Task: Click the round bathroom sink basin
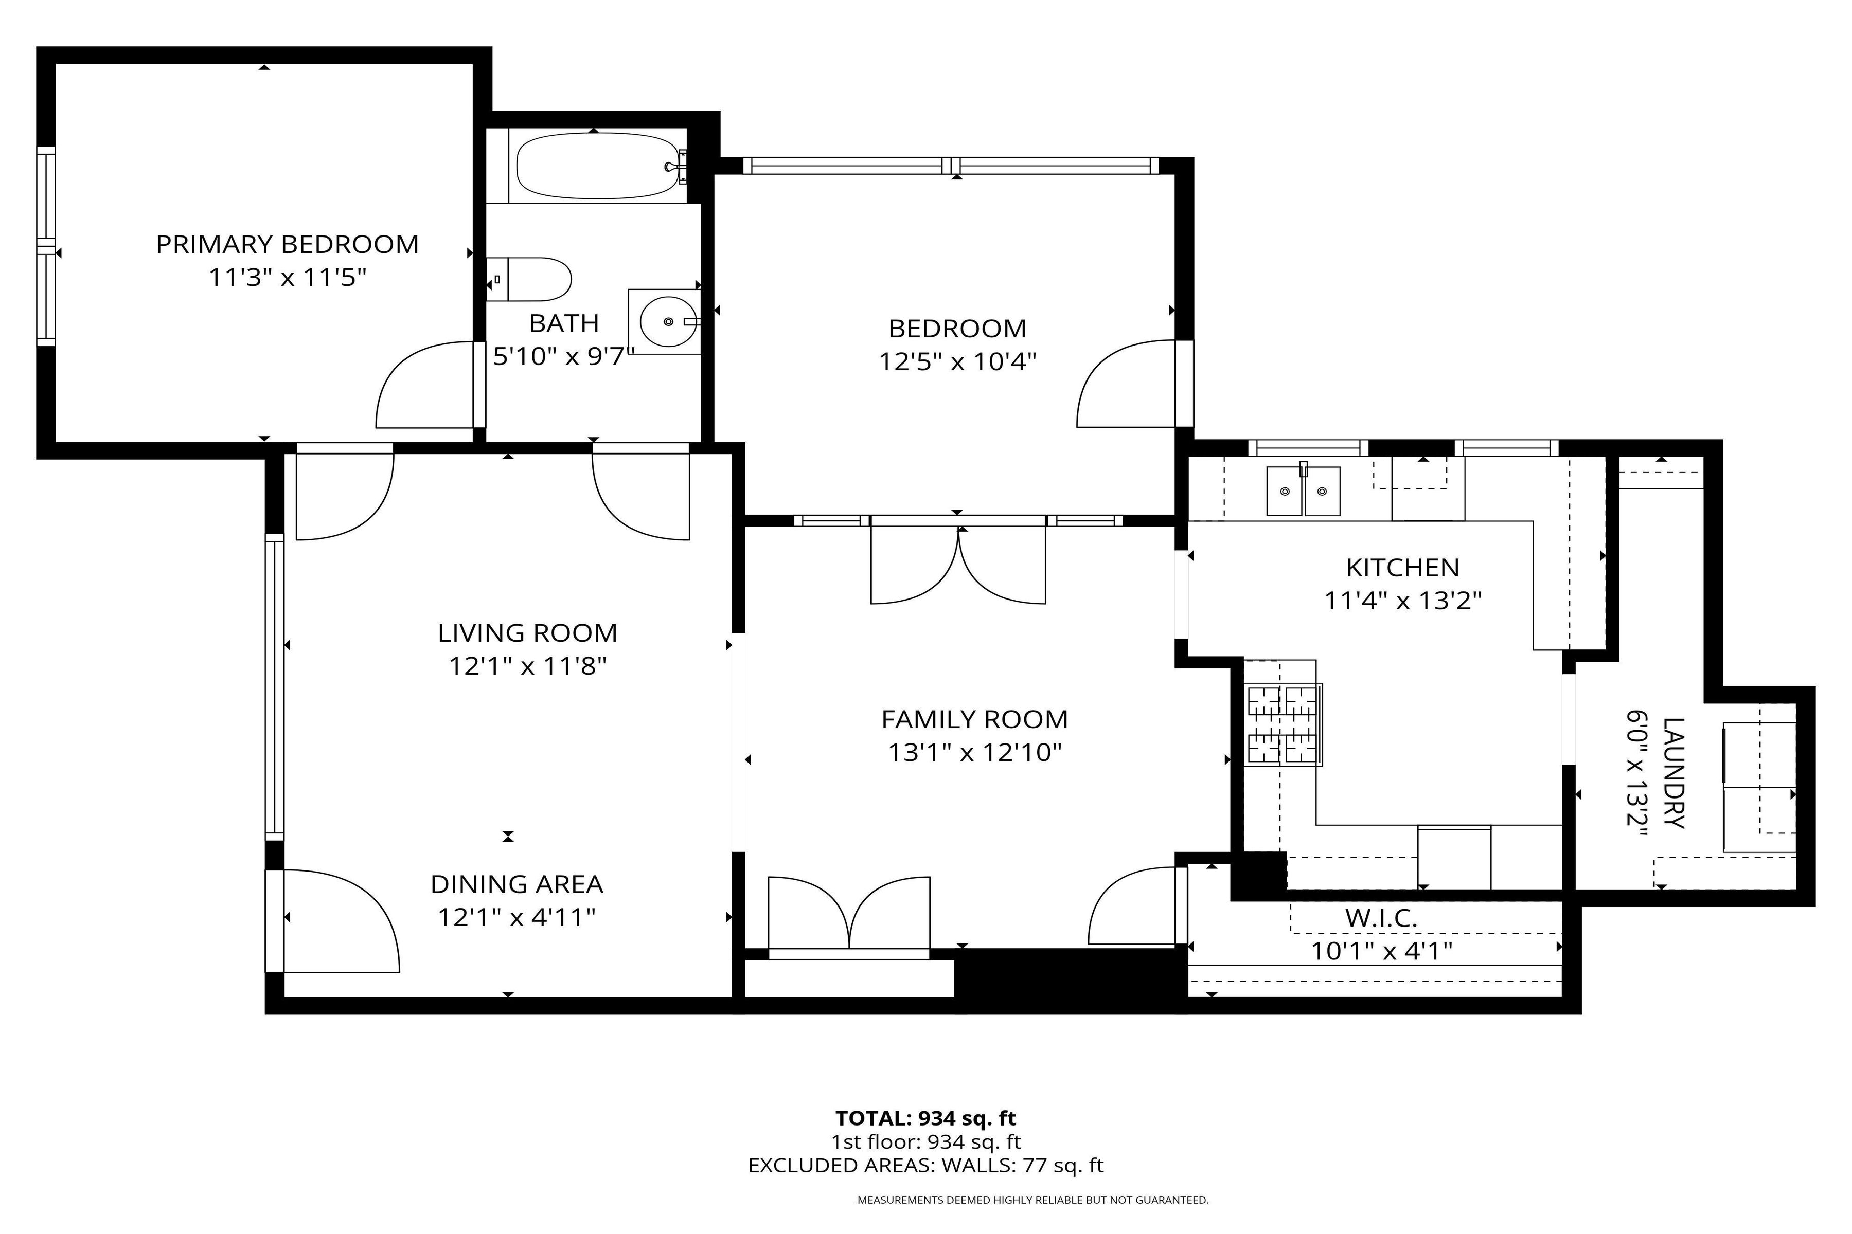pyautogui.click(x=668, y=321)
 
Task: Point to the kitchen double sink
pyautogui.click(x=1303, y=491)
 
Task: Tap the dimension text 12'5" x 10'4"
pyautogui.click(x=957, y=362)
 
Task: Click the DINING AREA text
pyautogui.click(x=517, y=884)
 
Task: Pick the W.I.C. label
pyautogui.click(x=1381, y=918)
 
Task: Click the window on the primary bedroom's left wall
pyautogui.click(x=46, y=246)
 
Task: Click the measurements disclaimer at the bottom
pyautogui.click(x=1032, y=1200)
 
